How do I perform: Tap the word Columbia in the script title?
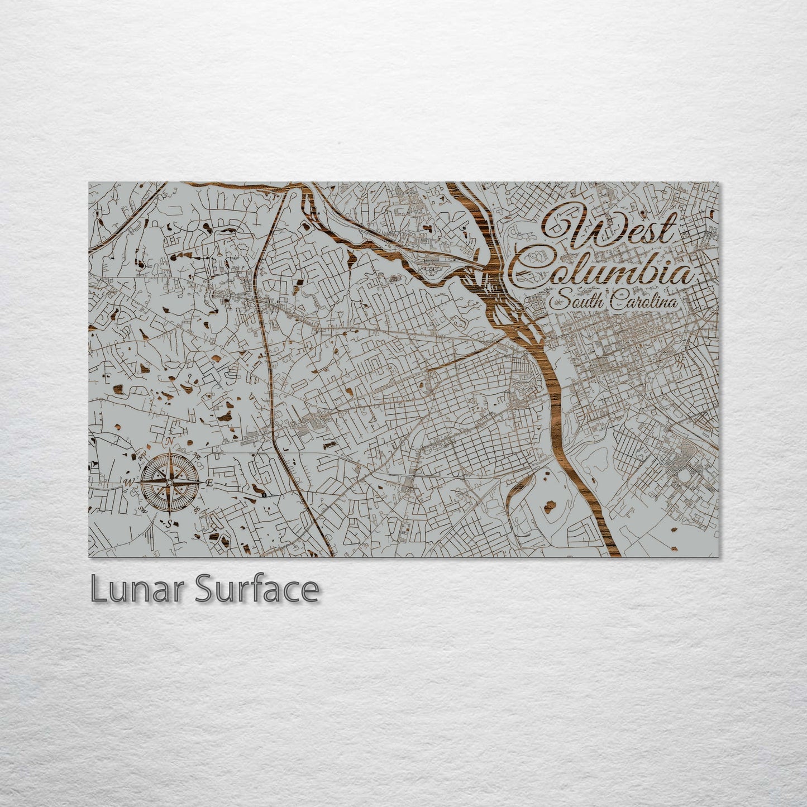[x=603, y=271]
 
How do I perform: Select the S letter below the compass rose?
[x=168, y=523]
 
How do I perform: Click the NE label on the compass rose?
[x=196, y=456]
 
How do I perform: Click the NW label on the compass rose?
[x=142, y=455]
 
